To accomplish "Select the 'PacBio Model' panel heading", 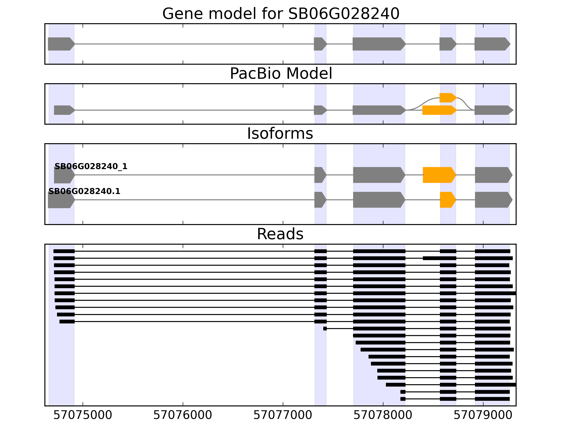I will pos(281,74).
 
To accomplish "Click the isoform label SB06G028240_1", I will pos(91,166).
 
